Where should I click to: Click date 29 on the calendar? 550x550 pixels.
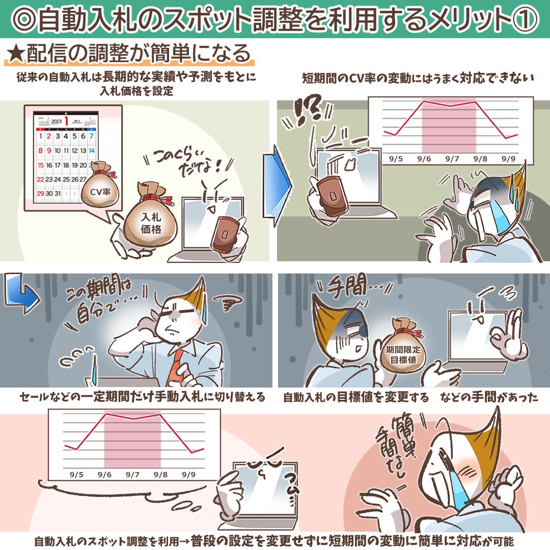(41, 194)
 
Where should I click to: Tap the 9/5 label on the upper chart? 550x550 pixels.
(395, 159)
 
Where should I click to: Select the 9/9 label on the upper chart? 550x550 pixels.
(508, 159)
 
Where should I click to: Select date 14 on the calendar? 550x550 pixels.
(91, 151)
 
